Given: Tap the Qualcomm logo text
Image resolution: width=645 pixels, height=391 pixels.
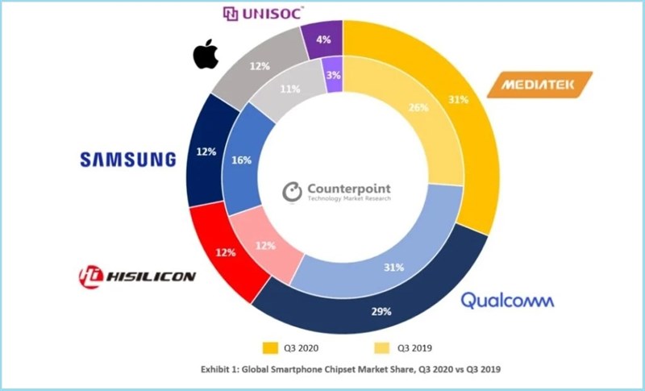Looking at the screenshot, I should [x=507, y=301].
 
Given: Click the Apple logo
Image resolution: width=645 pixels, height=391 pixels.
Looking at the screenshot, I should [x=206, y=56].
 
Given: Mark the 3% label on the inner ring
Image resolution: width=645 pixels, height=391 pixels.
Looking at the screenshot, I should [x=332, y=75].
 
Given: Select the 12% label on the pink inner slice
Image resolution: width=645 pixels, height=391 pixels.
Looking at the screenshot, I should [x=264, y=245].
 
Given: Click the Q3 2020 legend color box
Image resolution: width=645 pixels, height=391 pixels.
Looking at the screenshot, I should [x=270, y=347].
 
